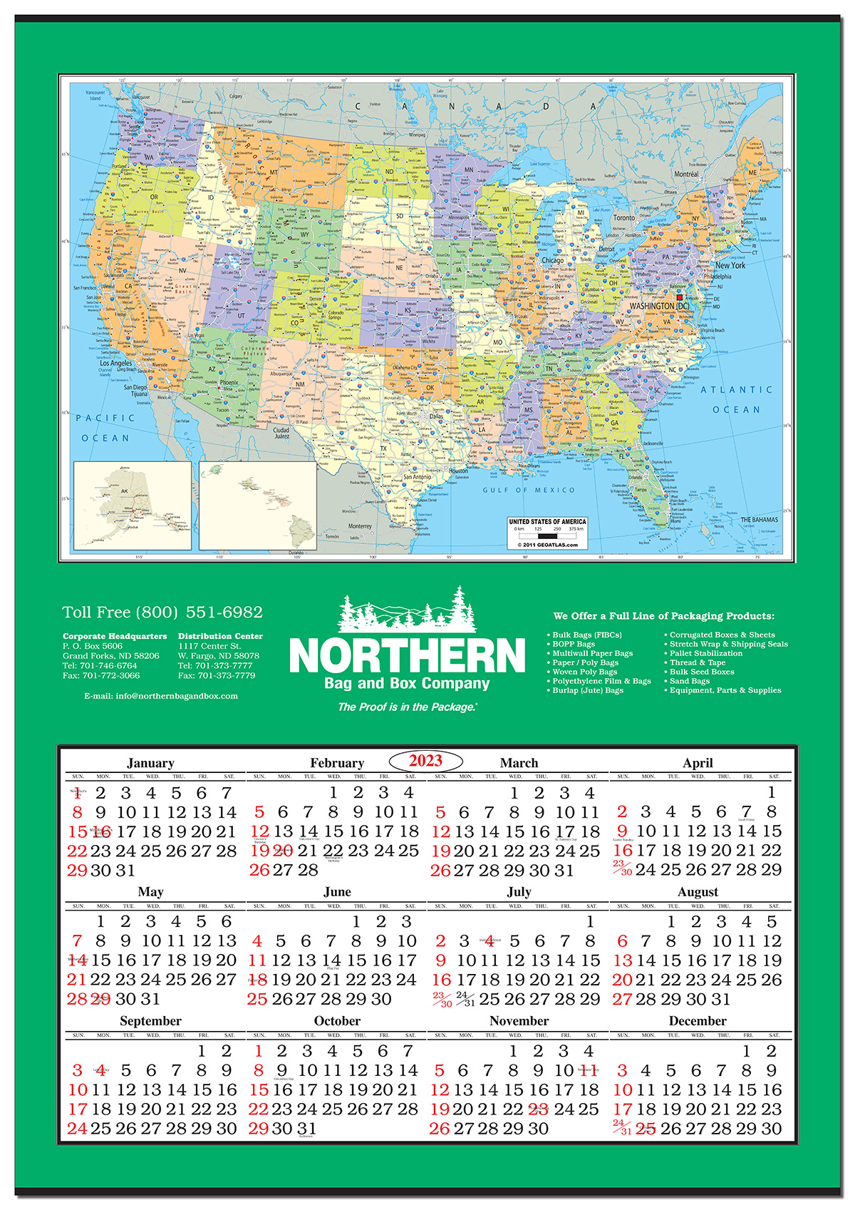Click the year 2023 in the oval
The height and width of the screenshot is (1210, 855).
coord(426,760)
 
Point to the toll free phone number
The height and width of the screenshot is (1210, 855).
coord(162,612)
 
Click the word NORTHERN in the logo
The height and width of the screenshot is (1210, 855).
coord(407,655)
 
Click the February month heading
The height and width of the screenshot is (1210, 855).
coord(336,763)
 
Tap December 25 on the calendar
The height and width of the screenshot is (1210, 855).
coord(646,1129)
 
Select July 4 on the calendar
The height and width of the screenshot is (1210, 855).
coord(489,941)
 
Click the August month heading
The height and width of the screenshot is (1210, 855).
coord(698,892)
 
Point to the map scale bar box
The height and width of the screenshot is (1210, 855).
coord(547,533)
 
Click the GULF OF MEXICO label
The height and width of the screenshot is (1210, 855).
coord(528,490)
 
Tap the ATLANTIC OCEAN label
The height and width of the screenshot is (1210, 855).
coord(736,399)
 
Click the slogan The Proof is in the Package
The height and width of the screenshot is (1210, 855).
coord(407,707)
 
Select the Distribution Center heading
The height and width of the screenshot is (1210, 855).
coord(220,636)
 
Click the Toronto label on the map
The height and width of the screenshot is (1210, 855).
coord(623,217)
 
